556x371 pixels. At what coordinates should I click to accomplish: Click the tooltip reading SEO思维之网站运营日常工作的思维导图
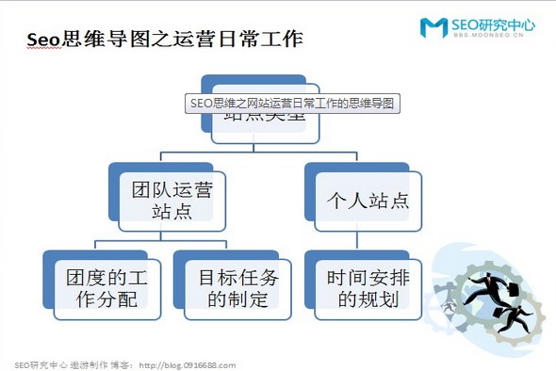[291, 102]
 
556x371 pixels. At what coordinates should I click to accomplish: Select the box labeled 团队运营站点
[172, 201]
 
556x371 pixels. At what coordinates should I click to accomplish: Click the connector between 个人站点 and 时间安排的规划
[362, 241]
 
